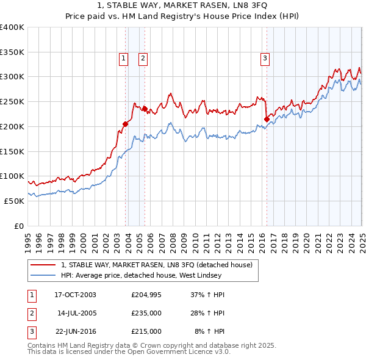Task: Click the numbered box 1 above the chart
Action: coord(124,59)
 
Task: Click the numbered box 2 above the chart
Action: coord(143,59)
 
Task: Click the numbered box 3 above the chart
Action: coord(265,59)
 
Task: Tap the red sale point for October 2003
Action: coord(125,124)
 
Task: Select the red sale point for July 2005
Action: coord(145,109)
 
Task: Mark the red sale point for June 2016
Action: coord(267,119)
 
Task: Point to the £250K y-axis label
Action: coord(12,101)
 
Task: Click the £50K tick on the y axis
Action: coord(13,201)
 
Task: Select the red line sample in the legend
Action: coord(43,265)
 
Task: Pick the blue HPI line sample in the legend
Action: coord(43,275)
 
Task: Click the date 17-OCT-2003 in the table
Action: coord(76,295)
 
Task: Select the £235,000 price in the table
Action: coord(146,313)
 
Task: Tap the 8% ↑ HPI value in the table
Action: coord(209,331)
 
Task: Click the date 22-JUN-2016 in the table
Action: coord(76,331)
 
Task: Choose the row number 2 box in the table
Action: coord(31,313)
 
